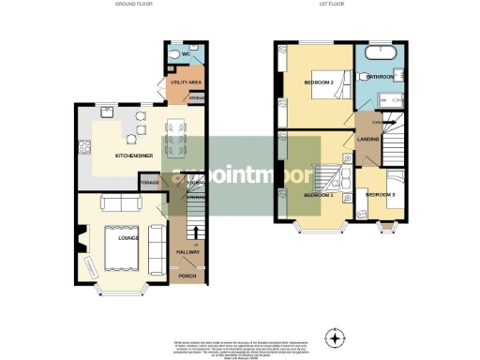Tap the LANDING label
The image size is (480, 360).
pos(367,140)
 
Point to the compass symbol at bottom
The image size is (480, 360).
pos(334,337)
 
